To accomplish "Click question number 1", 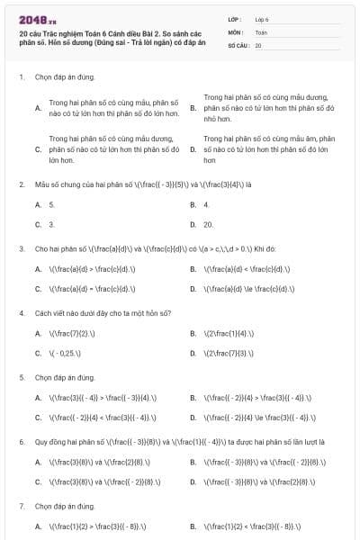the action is click(x=21, y=77).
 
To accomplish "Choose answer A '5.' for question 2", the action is click(x=51, y=205).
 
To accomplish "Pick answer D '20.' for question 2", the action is click(x=208, y=224).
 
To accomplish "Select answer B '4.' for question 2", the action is click(x=206, y=205).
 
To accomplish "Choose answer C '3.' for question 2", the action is click(x=51, y=224).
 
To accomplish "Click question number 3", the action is click(x=21, y=248).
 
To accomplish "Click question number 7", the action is click(x=21, y=507).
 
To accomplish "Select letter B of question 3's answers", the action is click(x=193, y=268).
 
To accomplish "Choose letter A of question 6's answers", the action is click(x=38, y=462).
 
